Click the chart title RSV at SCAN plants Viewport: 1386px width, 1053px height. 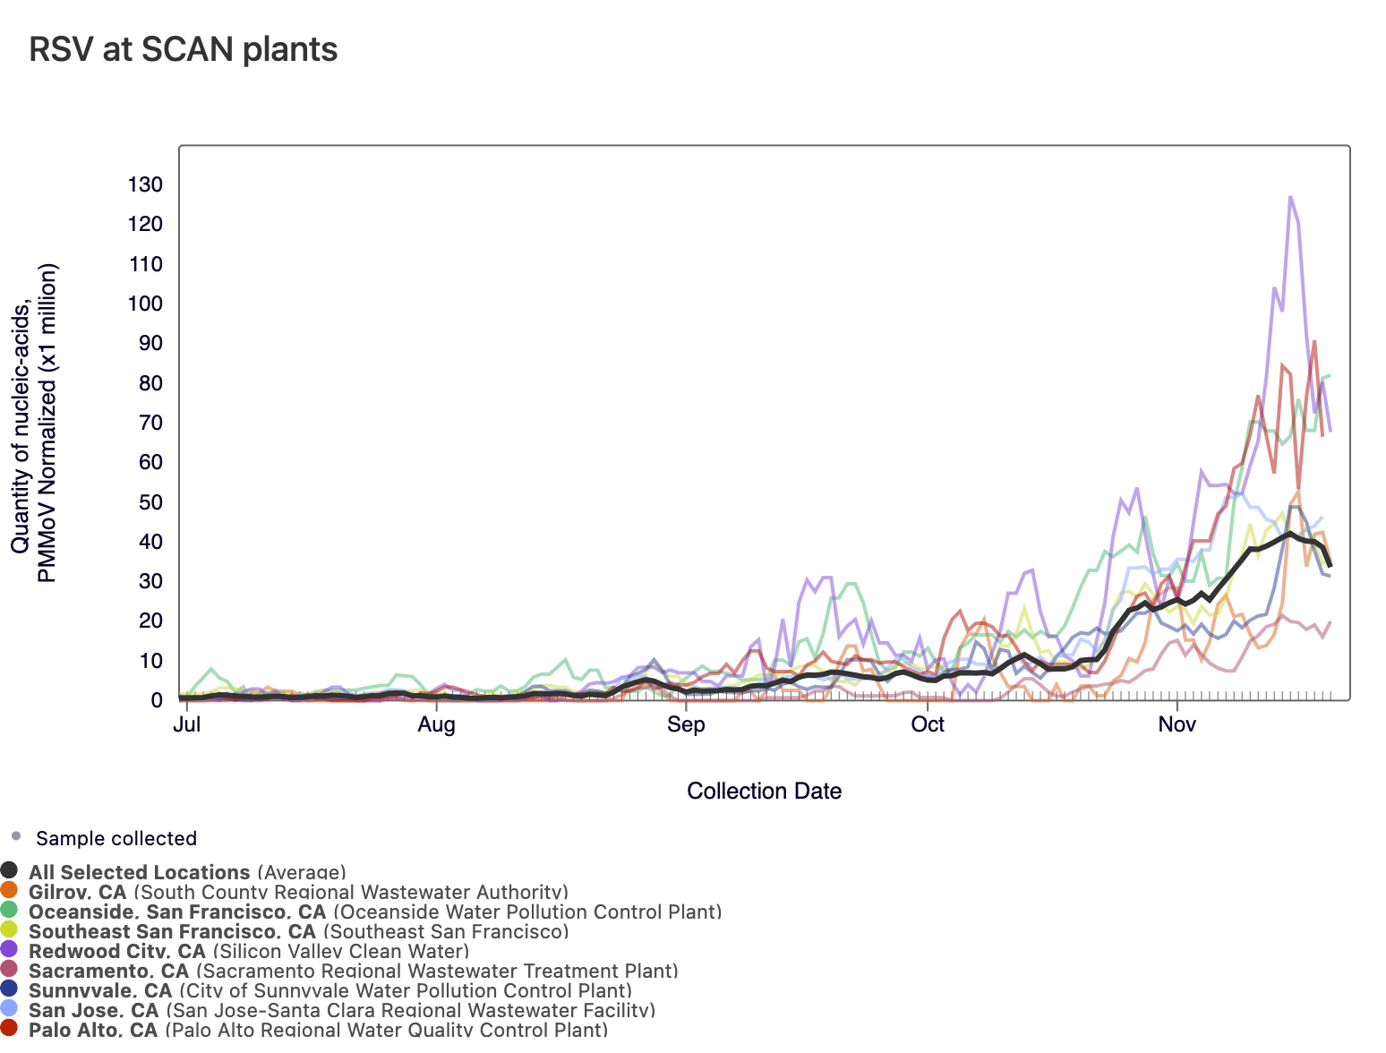[x=184, y=50]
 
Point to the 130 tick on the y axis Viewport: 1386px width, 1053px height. [x=145, y=184]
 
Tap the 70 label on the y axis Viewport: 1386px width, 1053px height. [x=151, y=423]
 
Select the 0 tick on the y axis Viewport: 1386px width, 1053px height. [x=157, y=700]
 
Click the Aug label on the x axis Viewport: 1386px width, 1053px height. [x=436, y=724]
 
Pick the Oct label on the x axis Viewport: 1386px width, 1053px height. [x=927, y=723]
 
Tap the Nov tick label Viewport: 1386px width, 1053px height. [x=1177, y=723]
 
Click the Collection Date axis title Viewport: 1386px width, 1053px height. [x=764, y=791]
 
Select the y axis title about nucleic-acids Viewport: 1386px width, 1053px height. [x=33, y=423]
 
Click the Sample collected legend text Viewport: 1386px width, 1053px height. [x=116, y=838]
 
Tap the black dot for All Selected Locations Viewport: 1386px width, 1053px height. [x=9, y=870]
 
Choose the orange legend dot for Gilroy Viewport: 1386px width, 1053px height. [x=9, y=889]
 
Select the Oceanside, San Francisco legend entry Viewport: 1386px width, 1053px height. [x=375, y=912]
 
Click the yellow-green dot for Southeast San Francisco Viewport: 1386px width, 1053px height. [x=9, y=929]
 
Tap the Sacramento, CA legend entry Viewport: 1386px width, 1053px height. [x=354, y=971]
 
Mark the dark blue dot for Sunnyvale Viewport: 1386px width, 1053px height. [x=9, y=988]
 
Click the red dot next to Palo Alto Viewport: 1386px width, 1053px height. [x=9, y=1027]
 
